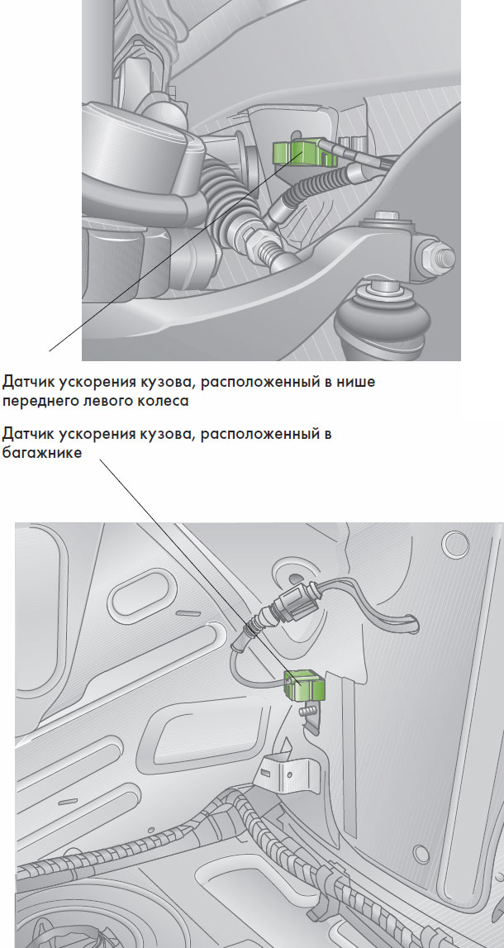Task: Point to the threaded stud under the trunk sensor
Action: click(308, 710)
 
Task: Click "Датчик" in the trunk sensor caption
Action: click(31, 434)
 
